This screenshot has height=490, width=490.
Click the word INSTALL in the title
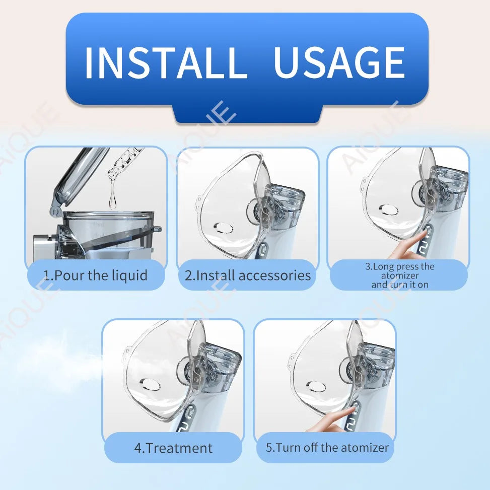[166, 62]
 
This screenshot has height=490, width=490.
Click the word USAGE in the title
[339, 62]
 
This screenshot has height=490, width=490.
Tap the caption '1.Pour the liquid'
[95, 275]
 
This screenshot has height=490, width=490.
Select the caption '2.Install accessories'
[247, 275]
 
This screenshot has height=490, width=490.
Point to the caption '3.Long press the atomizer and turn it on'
[400, 275]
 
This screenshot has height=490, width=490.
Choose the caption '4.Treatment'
[173, 448]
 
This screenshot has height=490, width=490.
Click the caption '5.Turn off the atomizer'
[327, 448]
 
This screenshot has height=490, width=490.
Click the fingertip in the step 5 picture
[351, 408]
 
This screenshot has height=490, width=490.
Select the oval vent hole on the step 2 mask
[224, 228]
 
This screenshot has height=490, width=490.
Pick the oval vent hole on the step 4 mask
[150, 384]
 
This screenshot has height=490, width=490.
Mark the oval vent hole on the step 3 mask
[388, 209]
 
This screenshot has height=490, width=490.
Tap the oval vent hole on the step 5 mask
[316, 387]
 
